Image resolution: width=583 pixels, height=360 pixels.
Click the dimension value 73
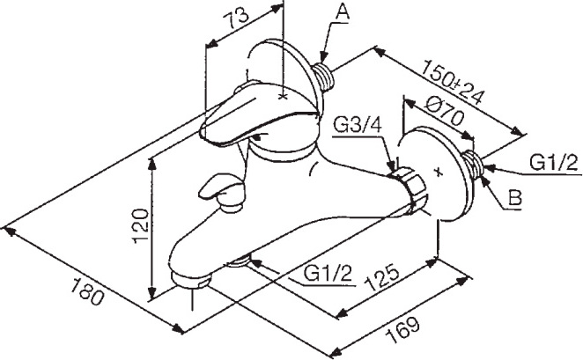236,19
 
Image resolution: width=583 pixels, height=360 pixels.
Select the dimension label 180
86,292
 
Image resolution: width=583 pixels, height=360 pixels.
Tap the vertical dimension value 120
141,225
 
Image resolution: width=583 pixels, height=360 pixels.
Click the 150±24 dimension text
454,81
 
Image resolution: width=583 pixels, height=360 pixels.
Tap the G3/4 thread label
358,126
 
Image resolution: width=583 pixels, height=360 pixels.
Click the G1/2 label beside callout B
554,163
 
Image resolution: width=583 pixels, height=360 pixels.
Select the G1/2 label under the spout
328,274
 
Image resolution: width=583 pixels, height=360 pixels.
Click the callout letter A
343,12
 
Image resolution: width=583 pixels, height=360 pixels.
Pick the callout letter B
515,198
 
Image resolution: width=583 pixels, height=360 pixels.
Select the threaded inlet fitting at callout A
324,76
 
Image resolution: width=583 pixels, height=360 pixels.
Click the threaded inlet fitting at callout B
473,165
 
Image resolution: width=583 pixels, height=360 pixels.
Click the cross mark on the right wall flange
439,172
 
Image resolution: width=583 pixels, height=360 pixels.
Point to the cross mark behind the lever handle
283,97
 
